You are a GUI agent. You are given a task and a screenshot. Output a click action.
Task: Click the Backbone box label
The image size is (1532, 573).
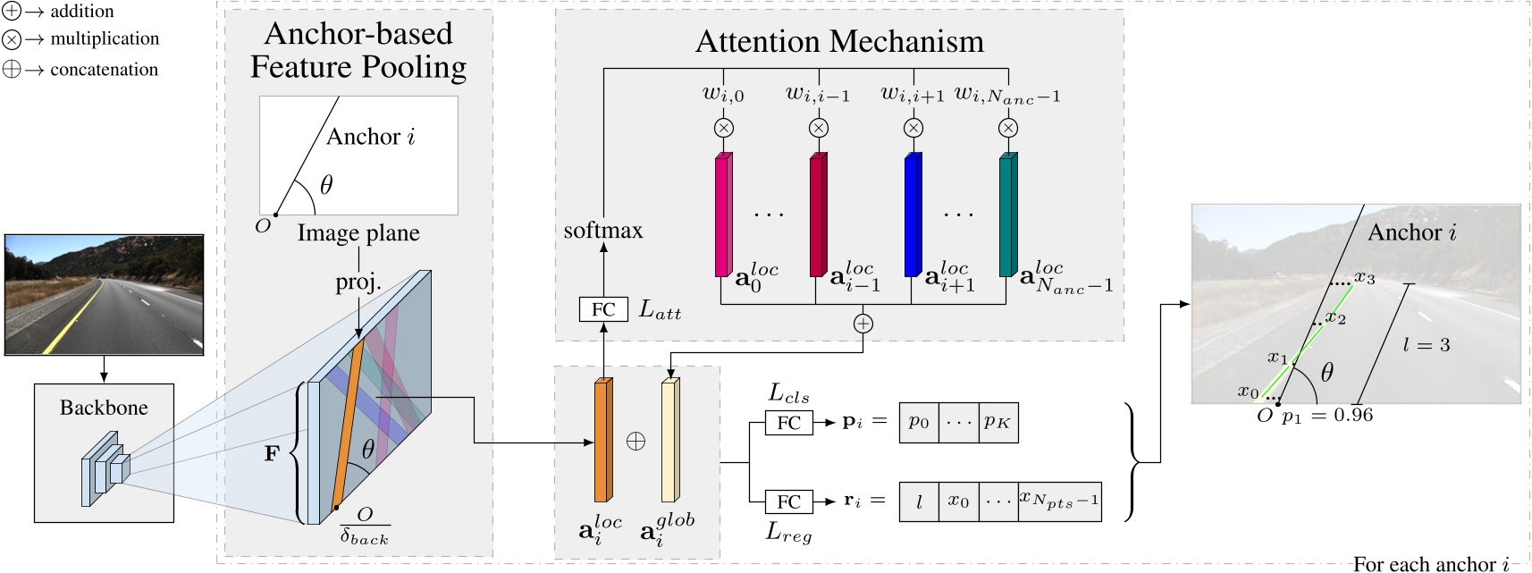[x=104, y=408]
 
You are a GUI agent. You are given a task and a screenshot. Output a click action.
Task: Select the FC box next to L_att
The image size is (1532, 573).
[x=603, y=309]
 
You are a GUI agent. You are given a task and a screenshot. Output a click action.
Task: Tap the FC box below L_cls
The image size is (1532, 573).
[x=788, y=423]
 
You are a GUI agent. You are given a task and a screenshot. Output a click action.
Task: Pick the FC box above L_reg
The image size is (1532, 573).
[x=788, y=501]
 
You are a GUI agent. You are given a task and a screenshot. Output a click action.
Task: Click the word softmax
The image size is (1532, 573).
[x=603, y=231]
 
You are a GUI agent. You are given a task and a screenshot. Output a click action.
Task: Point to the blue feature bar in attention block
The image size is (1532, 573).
[x=913, y=215]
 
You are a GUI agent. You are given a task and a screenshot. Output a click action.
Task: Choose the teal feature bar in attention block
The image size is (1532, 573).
[x=1007, y=215]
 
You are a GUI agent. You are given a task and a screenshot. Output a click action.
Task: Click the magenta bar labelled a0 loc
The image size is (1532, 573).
[x=723, y=215]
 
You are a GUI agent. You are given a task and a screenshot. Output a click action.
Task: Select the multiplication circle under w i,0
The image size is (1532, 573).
[x=724, y=128]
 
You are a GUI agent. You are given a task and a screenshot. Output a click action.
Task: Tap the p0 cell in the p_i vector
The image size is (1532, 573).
[x=919, y=422]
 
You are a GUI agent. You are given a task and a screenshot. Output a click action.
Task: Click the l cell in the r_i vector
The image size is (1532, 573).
[x=919, y=501]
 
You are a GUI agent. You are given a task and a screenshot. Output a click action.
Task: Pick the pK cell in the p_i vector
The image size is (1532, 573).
[x=997, y=422]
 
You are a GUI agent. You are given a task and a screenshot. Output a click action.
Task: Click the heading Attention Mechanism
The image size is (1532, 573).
[x=839, y=42]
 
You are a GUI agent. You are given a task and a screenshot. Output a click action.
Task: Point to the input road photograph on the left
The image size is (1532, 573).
[x=104, y=294]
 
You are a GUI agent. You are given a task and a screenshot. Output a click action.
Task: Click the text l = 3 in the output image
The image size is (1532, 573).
[x=1427, y=345]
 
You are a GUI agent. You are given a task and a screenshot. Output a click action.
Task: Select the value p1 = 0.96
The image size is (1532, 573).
[x=1327, y=416]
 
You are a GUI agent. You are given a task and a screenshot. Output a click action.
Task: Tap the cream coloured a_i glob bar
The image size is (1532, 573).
[x=670, y=440]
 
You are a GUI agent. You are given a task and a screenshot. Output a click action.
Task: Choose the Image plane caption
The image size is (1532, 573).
[x=358, y=233]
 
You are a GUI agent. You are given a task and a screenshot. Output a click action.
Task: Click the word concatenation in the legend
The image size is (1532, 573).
[x=104, y=70]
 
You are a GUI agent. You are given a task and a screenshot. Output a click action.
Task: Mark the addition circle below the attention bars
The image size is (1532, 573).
[x=863, y=324]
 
